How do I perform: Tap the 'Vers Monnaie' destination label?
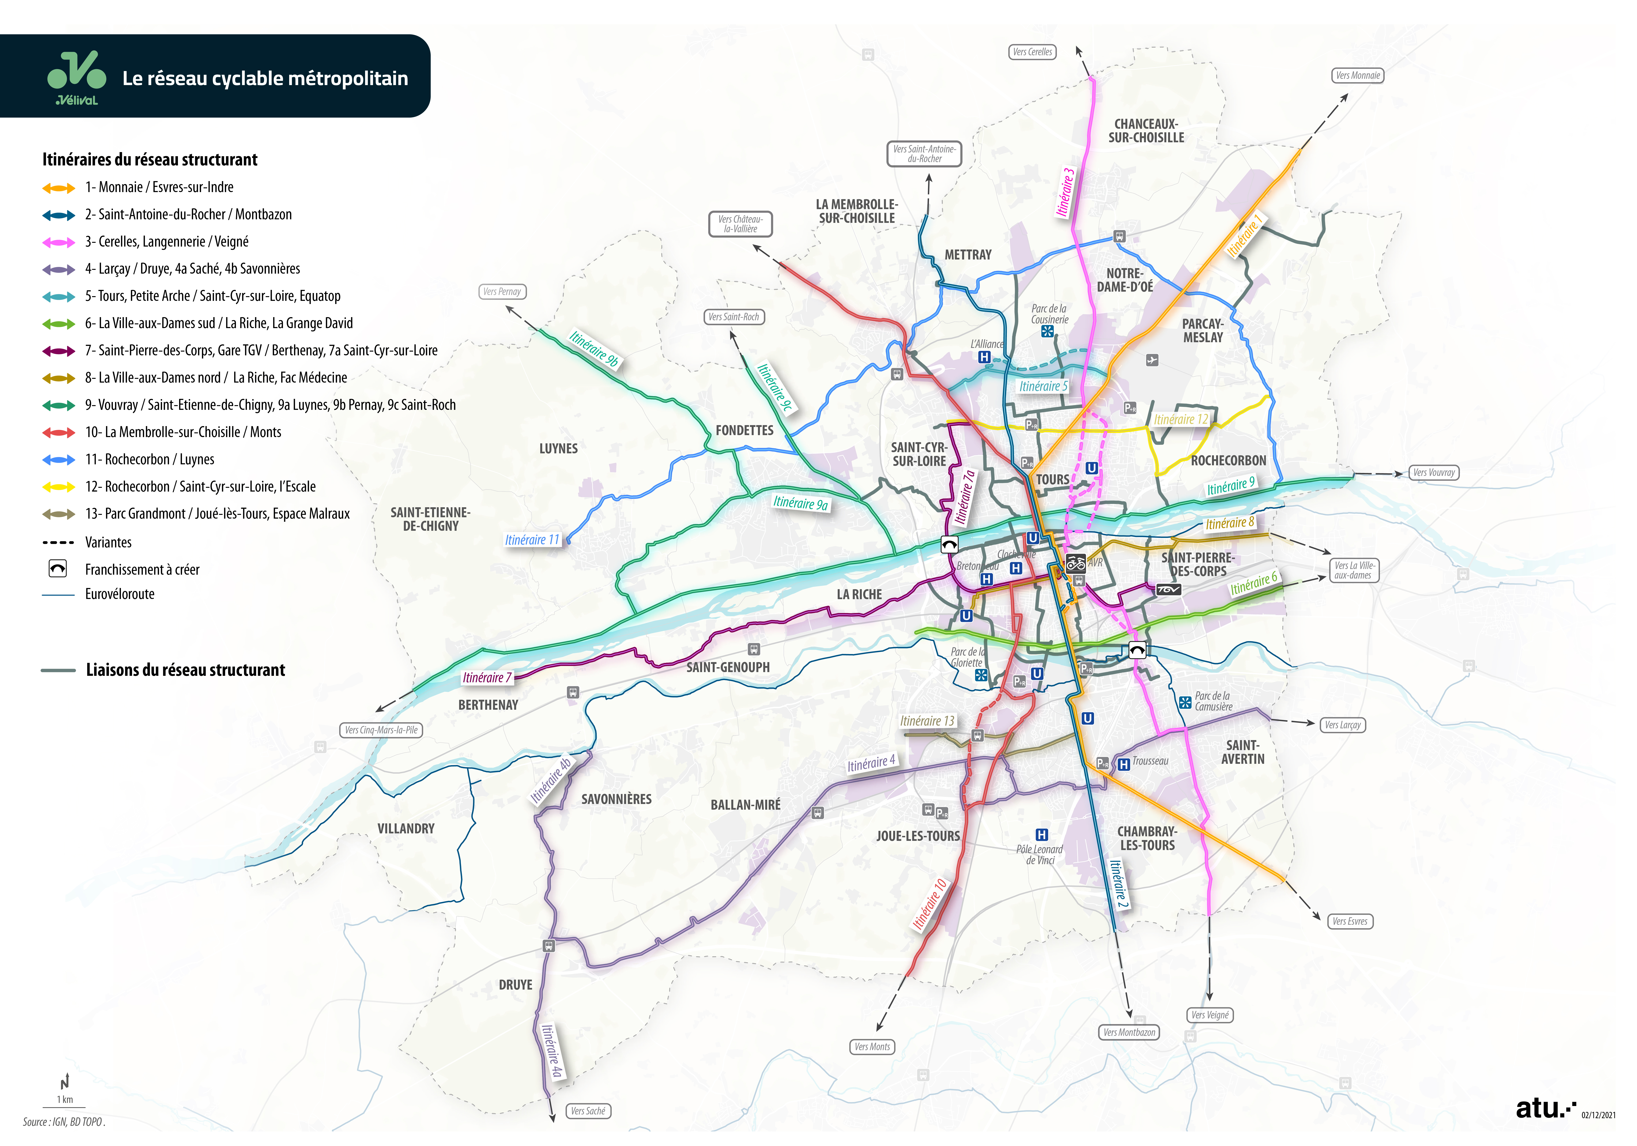click(x=1358, y=76)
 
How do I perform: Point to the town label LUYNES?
click(x=558, y=449)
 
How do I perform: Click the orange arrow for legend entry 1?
click(x=58, y=188)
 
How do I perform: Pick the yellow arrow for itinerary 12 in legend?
click(x=58, y=487)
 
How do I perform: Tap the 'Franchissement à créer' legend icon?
click(x=58, y=568)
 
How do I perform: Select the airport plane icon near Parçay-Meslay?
click(x=1152, y=360)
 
